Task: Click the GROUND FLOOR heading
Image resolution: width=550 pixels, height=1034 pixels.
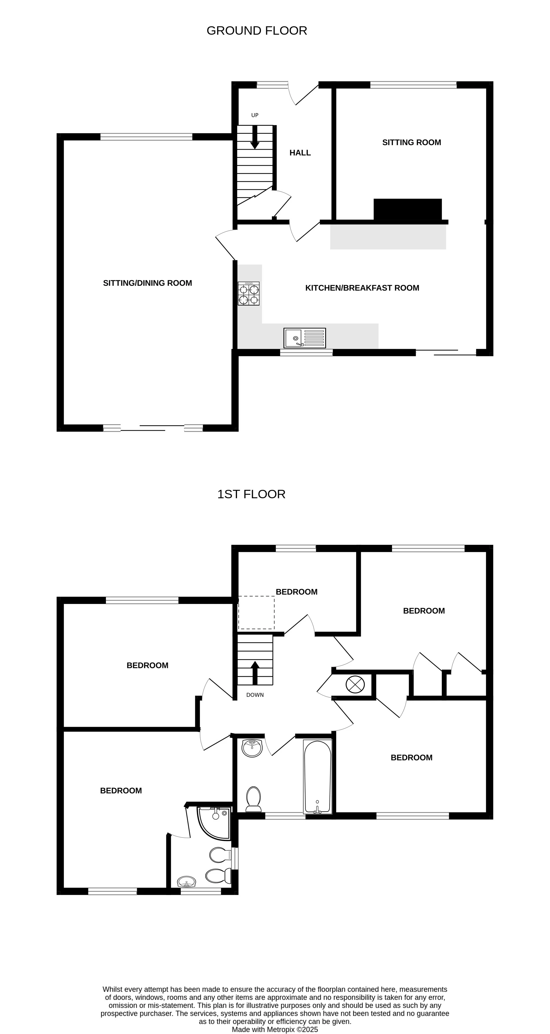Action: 257,31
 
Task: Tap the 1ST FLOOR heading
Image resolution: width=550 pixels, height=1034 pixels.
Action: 251,494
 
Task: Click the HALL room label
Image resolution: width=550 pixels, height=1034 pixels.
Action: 300,153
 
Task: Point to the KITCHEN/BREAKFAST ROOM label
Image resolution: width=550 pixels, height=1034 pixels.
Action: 362,288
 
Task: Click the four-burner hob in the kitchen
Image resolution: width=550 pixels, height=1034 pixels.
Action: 249,294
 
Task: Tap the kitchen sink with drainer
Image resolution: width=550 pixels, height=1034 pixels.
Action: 305,338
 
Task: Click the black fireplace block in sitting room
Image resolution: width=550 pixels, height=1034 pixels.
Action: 407,209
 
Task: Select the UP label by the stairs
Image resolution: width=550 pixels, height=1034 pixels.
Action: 255,115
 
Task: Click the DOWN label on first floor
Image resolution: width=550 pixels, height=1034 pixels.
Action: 255,695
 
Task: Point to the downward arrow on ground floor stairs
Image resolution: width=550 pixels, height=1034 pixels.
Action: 255,138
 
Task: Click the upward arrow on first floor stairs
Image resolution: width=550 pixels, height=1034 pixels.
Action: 255,673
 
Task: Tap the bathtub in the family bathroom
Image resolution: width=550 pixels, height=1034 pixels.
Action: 317,777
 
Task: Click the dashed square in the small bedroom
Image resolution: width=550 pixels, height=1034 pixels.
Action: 256,613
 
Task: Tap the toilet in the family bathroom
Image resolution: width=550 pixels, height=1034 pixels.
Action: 253,799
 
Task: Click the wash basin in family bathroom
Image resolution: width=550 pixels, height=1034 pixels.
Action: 252,748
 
